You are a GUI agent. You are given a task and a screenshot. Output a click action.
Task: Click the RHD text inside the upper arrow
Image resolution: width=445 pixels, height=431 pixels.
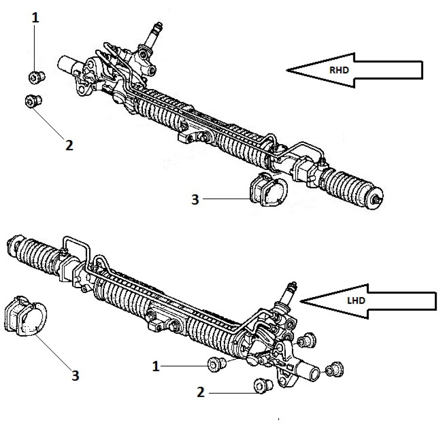click(339, 70)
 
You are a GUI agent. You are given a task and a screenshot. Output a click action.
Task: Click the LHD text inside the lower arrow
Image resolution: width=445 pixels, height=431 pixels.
click(356, 301)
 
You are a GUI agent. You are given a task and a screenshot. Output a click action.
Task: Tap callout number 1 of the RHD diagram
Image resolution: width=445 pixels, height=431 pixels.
click(35, 18)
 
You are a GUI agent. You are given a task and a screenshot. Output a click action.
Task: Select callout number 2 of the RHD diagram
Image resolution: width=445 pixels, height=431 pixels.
click(69, 145)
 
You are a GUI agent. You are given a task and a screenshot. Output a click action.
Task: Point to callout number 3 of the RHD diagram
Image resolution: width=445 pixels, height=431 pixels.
click(195, 199)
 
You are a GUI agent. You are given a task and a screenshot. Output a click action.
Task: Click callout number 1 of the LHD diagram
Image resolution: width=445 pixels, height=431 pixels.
click(156, 367)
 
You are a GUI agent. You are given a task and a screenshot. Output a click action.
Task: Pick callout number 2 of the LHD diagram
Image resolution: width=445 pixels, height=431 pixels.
click(200, 392)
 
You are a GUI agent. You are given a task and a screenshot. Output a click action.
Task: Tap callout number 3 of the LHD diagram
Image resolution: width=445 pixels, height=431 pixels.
click(75, 375)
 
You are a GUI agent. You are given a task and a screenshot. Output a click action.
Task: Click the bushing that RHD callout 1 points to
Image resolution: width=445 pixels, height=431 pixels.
click(37, 77)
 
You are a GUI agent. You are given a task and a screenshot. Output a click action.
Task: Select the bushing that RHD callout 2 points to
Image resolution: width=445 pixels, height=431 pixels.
click(33, 101)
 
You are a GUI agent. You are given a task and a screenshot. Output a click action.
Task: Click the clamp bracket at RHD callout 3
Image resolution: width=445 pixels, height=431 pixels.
click(268, 189)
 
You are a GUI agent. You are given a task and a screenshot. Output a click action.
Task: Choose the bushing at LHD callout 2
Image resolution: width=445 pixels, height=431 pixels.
click(263, 385)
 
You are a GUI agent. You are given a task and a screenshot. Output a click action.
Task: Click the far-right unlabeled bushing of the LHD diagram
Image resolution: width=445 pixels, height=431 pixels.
click(335, 370)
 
